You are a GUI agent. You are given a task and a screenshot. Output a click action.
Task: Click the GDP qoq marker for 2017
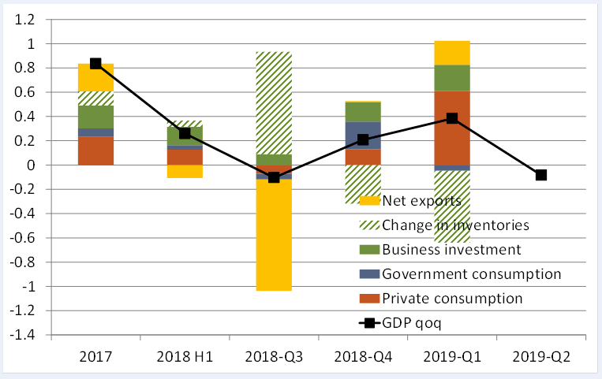tap(95, 64)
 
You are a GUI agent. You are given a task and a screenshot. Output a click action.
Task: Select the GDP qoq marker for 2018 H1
tap(185, 133)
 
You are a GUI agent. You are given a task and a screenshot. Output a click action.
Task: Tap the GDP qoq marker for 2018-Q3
tap(274, 177)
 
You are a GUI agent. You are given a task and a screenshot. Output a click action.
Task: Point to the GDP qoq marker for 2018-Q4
tap(363, 139)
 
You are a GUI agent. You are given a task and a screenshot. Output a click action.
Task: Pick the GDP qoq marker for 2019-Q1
tap(452, 118)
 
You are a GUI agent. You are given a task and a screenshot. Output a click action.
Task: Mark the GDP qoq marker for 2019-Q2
tap(541, 175)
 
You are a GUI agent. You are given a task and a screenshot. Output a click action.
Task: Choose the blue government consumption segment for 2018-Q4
tap(363, 135)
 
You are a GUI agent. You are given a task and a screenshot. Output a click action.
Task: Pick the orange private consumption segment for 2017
tap(95, 150)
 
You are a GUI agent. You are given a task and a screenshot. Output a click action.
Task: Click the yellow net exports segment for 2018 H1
tap(185, 171)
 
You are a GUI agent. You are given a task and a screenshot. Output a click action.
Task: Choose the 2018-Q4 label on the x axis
tap(363, 357)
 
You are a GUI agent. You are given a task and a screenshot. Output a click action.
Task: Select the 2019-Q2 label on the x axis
tap(541, 357)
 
